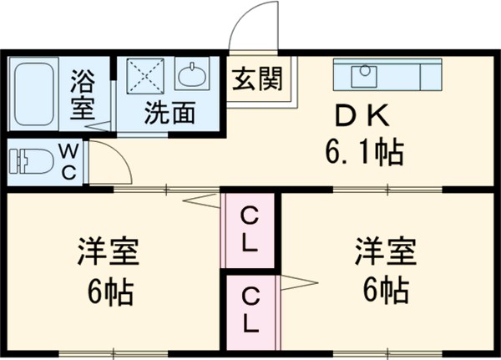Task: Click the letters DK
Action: [x=362, y=114]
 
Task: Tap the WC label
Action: [x=69, y=161]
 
